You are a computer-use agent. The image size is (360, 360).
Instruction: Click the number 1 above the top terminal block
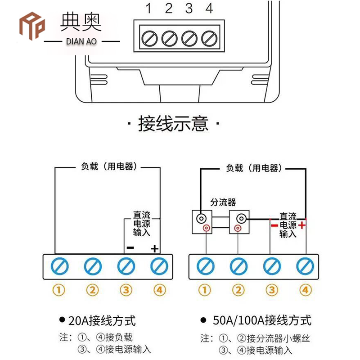click(x=148, y=8)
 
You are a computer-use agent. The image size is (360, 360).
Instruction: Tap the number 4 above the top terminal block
click(x=209, y=8)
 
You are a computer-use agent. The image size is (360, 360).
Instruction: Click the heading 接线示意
click(x=173, y=123)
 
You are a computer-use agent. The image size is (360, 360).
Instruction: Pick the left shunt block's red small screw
click(x=206, y=228)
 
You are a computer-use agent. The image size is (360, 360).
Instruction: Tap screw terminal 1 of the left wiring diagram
click(x=60, y=266)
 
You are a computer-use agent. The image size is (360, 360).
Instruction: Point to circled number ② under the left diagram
click(x=93, y=290)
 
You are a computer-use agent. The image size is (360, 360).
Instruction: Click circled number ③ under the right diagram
click(x=272, y=290)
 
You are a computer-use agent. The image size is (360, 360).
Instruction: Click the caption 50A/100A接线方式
click(x=261, y=321)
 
